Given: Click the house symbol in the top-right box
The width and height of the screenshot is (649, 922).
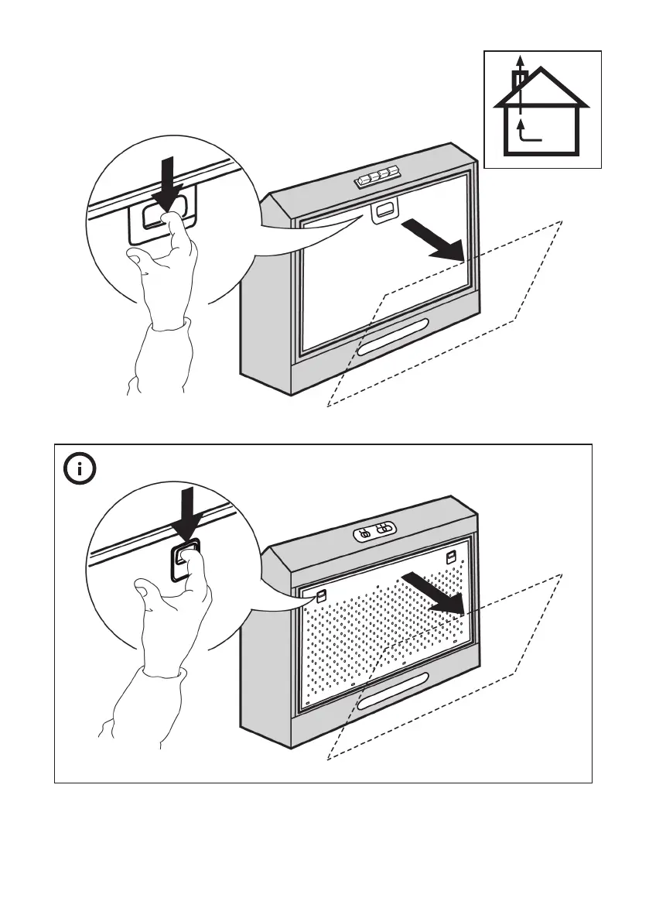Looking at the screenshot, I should pyautogui.click(x=542, y=116).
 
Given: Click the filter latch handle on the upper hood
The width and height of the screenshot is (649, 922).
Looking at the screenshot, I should pyautogui.click(x=384, y=211).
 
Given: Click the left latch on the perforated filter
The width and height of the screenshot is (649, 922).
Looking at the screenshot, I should pyautogui.click(x=321, y=595).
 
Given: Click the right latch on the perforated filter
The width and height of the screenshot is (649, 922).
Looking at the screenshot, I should pyautogui.click(x=450, y=556).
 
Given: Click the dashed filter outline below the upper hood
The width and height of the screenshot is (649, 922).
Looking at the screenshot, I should pyautogui.click(x=541, y=271).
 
